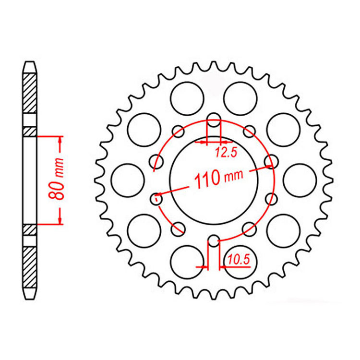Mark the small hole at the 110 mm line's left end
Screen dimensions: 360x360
(156, 197)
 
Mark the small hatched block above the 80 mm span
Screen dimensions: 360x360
(30, 131)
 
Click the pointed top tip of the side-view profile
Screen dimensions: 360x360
(30, 62)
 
